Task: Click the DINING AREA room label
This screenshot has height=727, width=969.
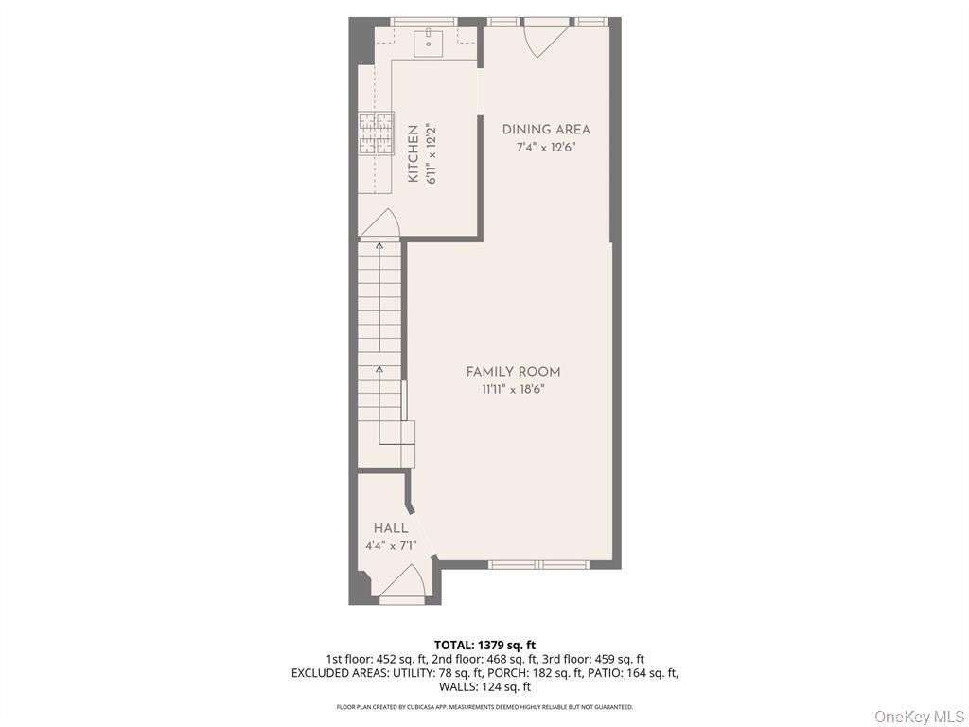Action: click(x=546, y=130)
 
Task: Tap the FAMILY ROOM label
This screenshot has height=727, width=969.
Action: click(x=513, y=372)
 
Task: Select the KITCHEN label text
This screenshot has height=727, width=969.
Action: click(x=413, y=153)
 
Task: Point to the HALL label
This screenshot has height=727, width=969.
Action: click(x=391, y=528)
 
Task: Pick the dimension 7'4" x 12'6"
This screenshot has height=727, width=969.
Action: click(x=546, y=148)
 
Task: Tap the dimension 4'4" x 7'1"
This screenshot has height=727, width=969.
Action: click(x=391, y=545)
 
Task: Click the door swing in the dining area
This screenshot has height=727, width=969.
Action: click(x=545, y=38)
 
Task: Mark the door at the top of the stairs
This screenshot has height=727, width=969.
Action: click(x=380, y=223)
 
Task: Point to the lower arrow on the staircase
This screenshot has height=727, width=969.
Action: click(x=380, y=370)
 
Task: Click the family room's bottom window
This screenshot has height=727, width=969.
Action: click(x=538, y=565)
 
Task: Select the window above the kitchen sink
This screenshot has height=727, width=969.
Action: click(x=424, y=21)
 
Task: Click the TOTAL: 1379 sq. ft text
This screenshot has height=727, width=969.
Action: click(x=484, y=645)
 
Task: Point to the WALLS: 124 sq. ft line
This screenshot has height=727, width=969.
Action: click(x=484, y=687)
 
